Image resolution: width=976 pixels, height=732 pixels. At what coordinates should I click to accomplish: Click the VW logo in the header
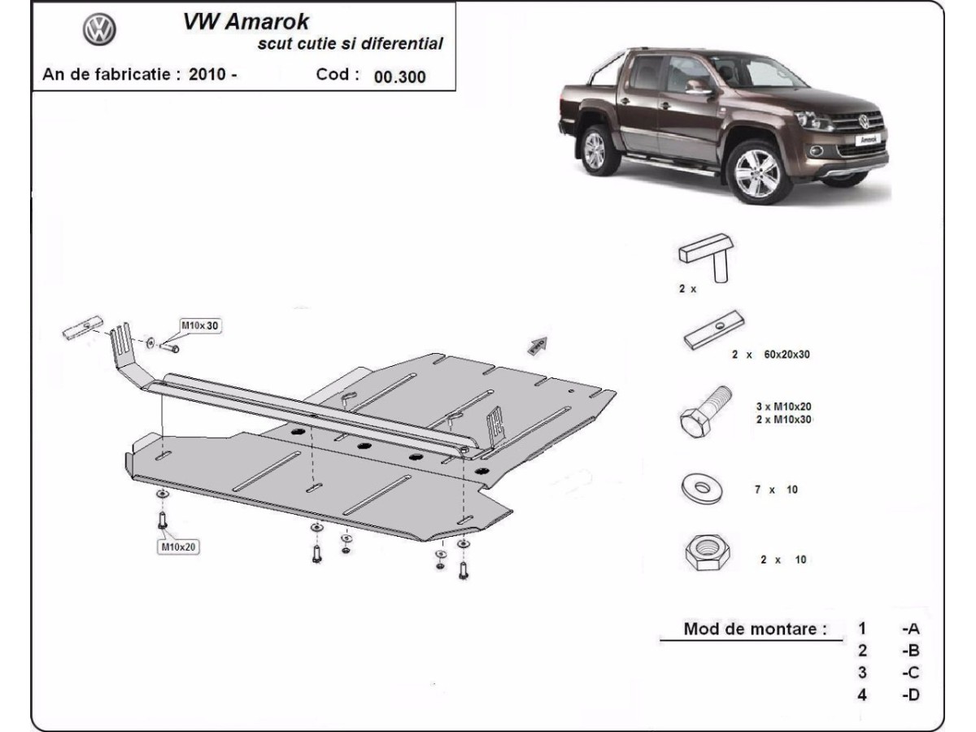(99, 29)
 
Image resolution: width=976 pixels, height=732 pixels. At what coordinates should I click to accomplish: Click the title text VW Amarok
(246, 22)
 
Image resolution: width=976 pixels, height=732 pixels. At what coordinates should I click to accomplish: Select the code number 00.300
(399, 77)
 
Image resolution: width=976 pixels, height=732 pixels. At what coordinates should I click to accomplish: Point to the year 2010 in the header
(207, 74)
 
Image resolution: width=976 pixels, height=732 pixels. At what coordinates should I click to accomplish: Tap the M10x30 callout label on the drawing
(199, 326)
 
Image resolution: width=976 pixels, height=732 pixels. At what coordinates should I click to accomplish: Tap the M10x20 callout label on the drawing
(178, 547)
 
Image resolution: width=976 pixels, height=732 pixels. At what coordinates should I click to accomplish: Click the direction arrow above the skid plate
(538, 346)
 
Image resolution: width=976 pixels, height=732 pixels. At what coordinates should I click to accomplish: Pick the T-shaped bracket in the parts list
(706, 257)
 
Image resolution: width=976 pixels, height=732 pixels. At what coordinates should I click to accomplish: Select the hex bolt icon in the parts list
(705, 412)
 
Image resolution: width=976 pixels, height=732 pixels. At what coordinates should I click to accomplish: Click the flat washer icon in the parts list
(702, 489)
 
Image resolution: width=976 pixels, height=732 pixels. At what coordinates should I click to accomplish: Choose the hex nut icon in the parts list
(706, 553)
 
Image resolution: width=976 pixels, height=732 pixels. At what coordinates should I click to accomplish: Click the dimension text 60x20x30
(786, 355)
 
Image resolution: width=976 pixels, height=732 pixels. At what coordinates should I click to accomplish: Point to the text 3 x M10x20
(783, 406)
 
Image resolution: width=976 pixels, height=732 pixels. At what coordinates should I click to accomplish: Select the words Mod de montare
(755, 629)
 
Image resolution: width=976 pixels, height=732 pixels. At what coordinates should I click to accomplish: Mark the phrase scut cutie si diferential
(351, 44)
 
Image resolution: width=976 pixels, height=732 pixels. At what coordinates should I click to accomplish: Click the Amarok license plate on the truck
(869, 140)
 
